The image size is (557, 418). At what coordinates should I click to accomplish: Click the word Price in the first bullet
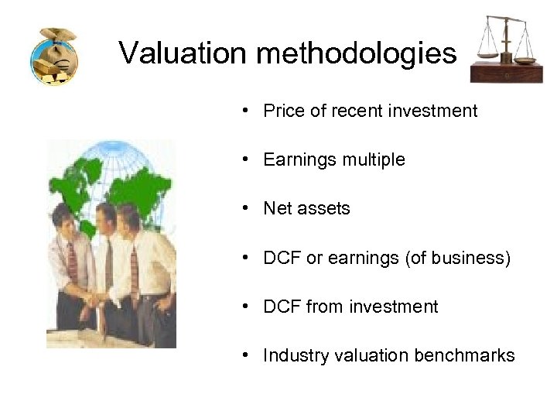(283, 111)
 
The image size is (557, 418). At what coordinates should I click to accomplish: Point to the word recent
(356, 111)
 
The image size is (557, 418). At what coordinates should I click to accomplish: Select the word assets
(323, 209)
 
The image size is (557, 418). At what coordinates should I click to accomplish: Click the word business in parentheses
(474, 258)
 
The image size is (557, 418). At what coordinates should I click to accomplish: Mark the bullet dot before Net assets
(244, 208)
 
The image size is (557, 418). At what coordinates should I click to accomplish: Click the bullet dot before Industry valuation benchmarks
(244, 355)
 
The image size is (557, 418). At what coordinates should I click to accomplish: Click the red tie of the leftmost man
(72, 259)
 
